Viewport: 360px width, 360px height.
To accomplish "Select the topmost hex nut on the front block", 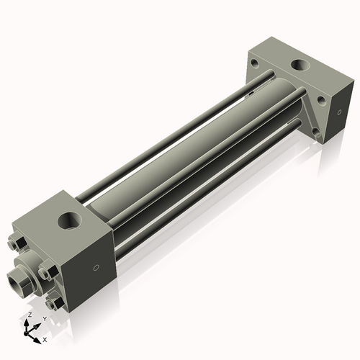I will click(20, 243).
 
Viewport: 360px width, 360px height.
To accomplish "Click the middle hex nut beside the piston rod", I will click(47, 272).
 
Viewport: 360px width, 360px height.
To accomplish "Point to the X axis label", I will click(45, 338).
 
